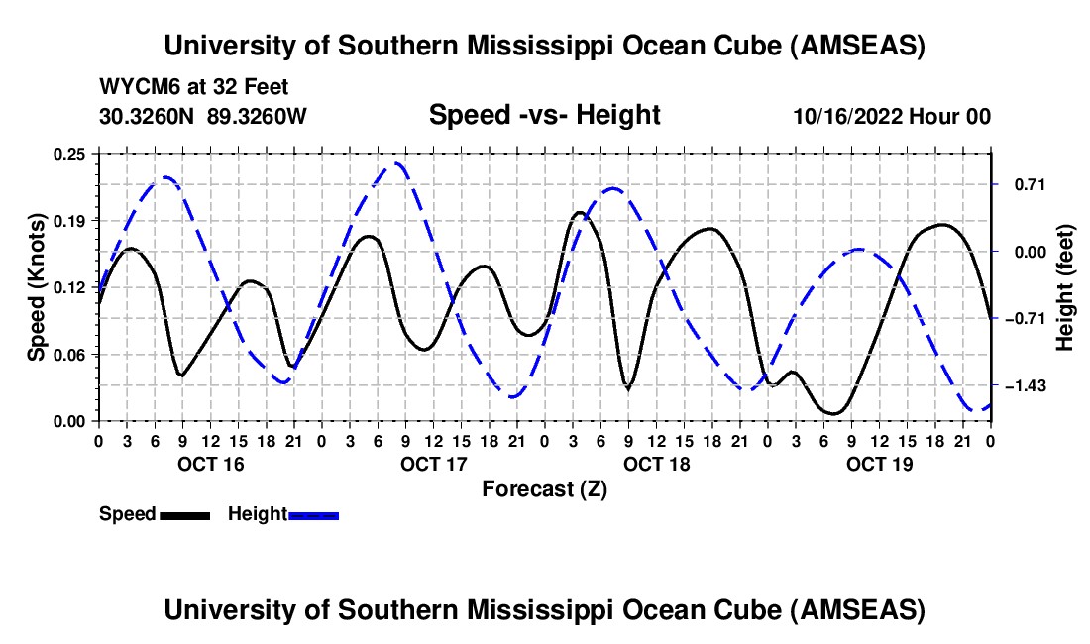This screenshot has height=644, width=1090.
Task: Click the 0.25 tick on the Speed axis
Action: [x=72, y=154]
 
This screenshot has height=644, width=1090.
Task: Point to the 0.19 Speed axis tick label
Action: [x=72, y=220]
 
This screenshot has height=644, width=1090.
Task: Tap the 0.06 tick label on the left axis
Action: [x=72, y=354]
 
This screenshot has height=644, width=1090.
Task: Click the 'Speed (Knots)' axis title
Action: [x=36, y=286]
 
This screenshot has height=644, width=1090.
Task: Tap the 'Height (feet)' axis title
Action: [x=1065, y=287]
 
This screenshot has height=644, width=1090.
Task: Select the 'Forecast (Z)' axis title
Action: [x=544, y=488]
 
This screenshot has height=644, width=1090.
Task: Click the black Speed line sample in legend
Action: [x=185, y=515]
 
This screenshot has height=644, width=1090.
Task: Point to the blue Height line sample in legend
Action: [x=313, y=515]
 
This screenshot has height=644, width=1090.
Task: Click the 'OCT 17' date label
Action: [x=433, y=464]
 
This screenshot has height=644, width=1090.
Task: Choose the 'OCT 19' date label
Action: [x=879, y=464]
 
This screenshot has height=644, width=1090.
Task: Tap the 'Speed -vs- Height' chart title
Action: [x=544, y=115]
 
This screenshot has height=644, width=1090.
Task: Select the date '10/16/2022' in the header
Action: [x=848, y=116]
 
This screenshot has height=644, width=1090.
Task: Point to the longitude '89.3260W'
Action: [x=258, y=116]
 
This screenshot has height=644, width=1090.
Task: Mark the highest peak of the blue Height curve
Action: [x=396, y=163]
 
